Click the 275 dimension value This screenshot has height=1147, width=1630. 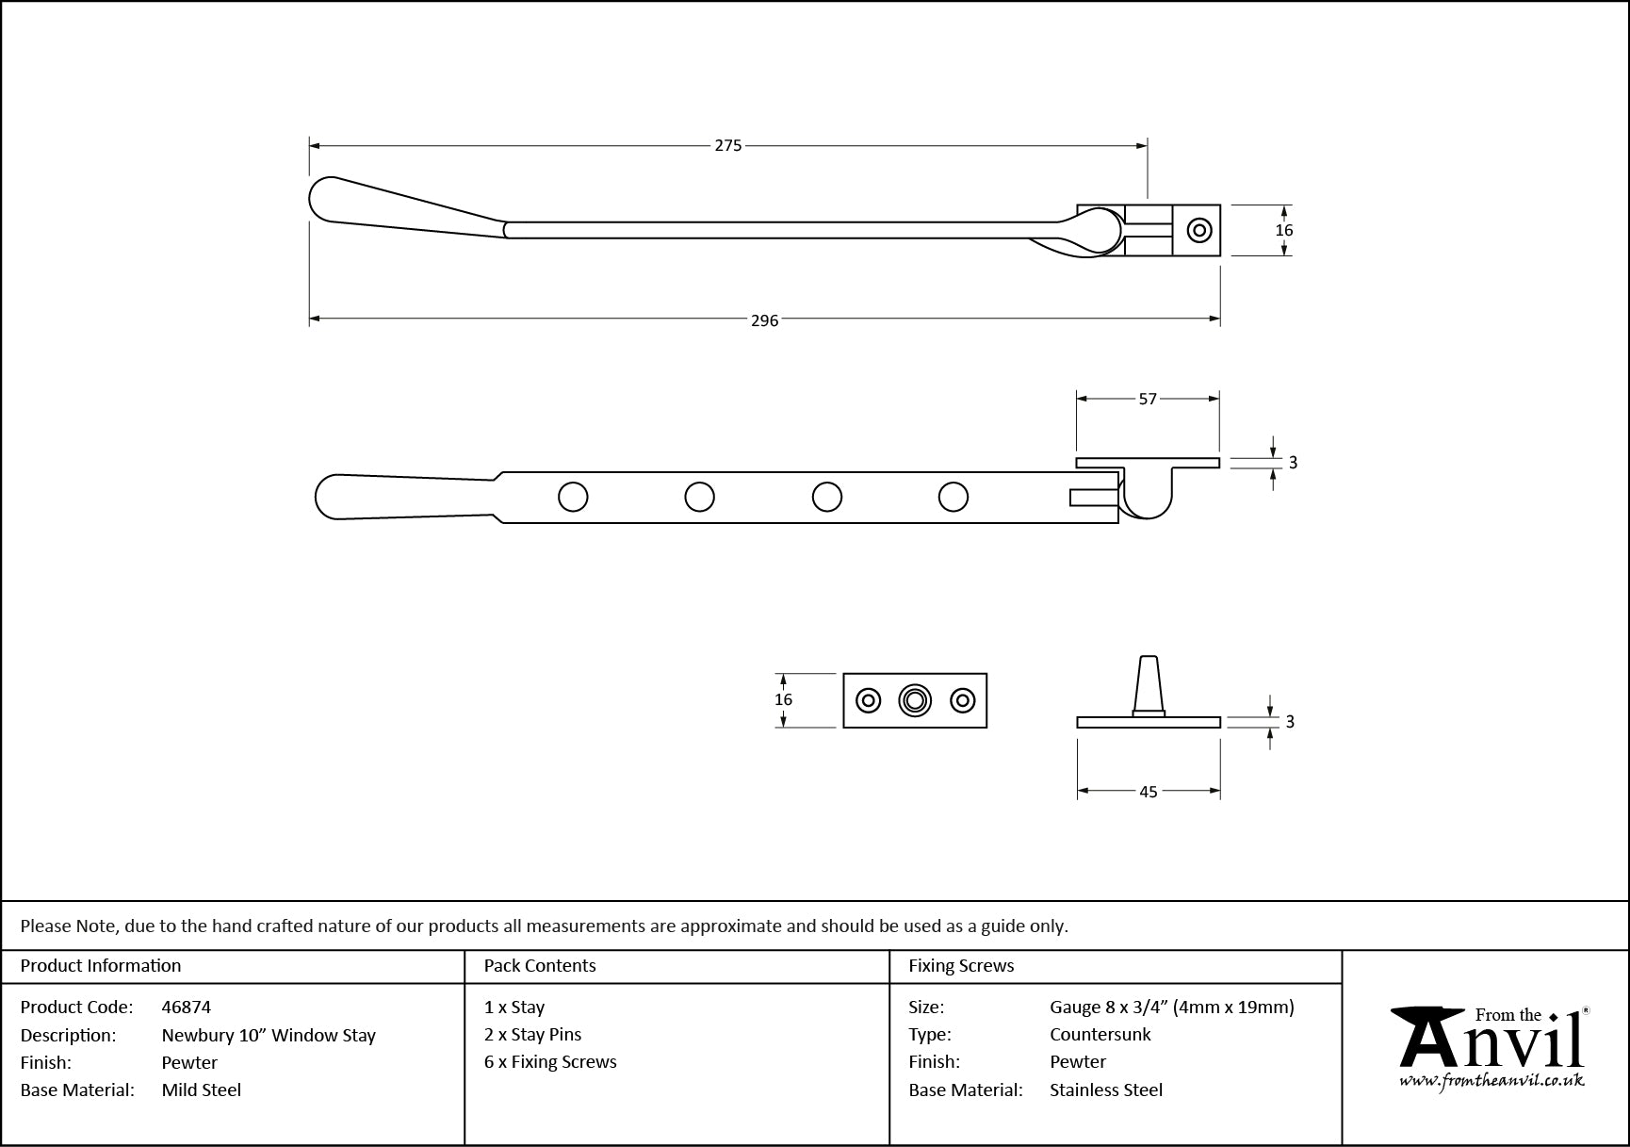pos(727,146)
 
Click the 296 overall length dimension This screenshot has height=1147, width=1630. pos(764,320)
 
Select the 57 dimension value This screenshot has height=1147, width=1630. pos(1147,400)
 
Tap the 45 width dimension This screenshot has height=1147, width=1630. pos(1148,793)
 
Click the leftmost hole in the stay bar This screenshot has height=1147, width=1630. pos(573,497)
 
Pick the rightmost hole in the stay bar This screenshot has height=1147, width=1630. pos(953,497)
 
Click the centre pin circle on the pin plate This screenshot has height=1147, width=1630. pos(914,700)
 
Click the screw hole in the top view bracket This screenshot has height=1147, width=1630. pos(1198,230)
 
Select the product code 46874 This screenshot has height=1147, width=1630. pos(187,1008)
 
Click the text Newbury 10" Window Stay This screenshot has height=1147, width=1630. pos(269,1036)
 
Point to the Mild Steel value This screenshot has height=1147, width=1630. pos(202,1090)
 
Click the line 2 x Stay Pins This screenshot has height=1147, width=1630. pos(533,1035)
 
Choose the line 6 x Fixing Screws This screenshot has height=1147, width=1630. pos(550,1062)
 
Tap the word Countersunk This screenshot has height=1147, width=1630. pos(1100,1035)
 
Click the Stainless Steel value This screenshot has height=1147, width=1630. pos(1106,1090)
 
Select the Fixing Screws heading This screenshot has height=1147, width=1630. pos(961,966)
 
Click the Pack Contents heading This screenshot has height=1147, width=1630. pos(540,966)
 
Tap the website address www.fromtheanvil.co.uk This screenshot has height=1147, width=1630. pos(1491,1081)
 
